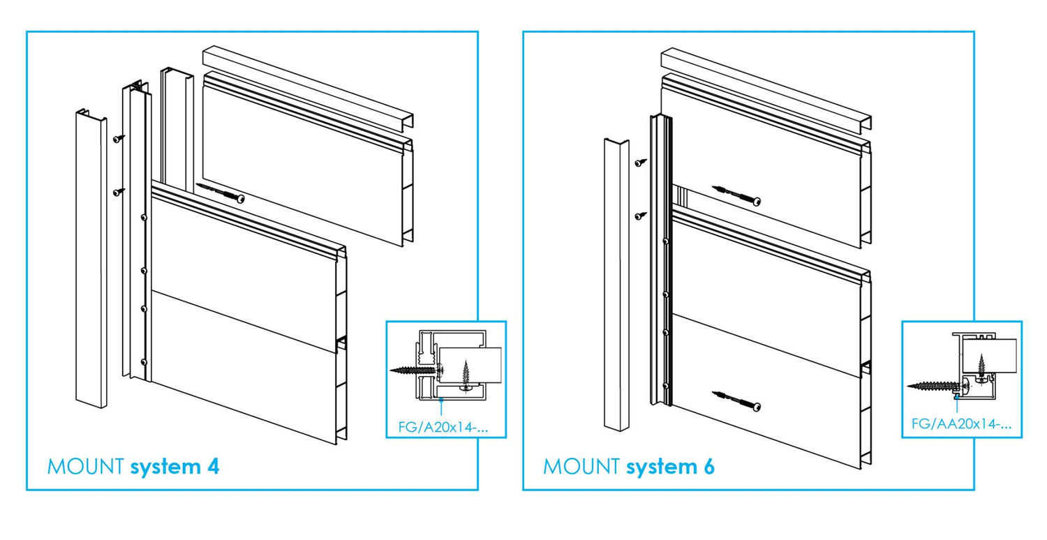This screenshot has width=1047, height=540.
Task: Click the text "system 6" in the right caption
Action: pyautogui.click(x=671, y=466)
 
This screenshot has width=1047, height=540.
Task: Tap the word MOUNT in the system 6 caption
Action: pyautogui.click(x=581, y=466)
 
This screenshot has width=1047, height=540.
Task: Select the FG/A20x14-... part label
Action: pyautogui.click(x=443, y=427)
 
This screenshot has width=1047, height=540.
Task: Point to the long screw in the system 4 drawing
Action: pyautogui.click(x=220, y=193)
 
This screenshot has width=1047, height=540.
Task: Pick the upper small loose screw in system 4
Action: pyautogui.click(x=119, y=138)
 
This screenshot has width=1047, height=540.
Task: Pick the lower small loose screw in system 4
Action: pyautogui.click(x=119, y=190)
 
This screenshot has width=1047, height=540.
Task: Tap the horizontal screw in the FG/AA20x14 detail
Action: pyautogui.click(x=933, y=384)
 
